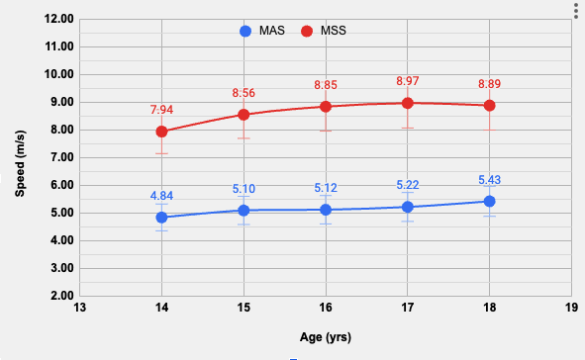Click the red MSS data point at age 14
[161, 132]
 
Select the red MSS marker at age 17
[407, 103]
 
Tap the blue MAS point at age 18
[489, 201]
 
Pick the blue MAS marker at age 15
[244, 210]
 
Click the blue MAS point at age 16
[325, 210]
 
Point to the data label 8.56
[244, 92]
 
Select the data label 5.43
[489, 179]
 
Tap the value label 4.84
[161, 195]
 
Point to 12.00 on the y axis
[60, 19]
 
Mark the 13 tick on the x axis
[80, 308]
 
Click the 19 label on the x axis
[570, 308]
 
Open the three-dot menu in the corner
[575, 9]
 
